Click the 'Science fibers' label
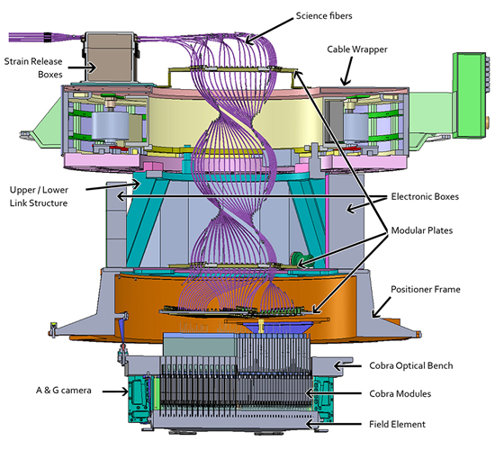coord(324,16)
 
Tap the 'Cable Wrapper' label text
coord(357,49)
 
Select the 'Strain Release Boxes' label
coord(33,67)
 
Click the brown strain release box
coord(109,58)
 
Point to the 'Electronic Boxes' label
coord(425,196)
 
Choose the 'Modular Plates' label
coord(422,230)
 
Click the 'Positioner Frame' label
coord(426,289)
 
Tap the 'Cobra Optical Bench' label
coord(411,365)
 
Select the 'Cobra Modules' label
coord(400,394)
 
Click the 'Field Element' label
coord(398,424)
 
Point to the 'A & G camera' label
coord(64,391)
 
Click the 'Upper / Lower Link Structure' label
coord(39,196)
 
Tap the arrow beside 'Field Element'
coord(333,424)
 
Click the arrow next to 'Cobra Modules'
coord(333,393)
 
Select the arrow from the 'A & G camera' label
coord(115,391)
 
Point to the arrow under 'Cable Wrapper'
coord(348,71)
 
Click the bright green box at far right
coord(469,95)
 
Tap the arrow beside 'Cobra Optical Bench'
coord(347,366)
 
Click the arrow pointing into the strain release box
coord(82,67)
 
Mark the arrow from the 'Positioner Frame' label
coord(381,307)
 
